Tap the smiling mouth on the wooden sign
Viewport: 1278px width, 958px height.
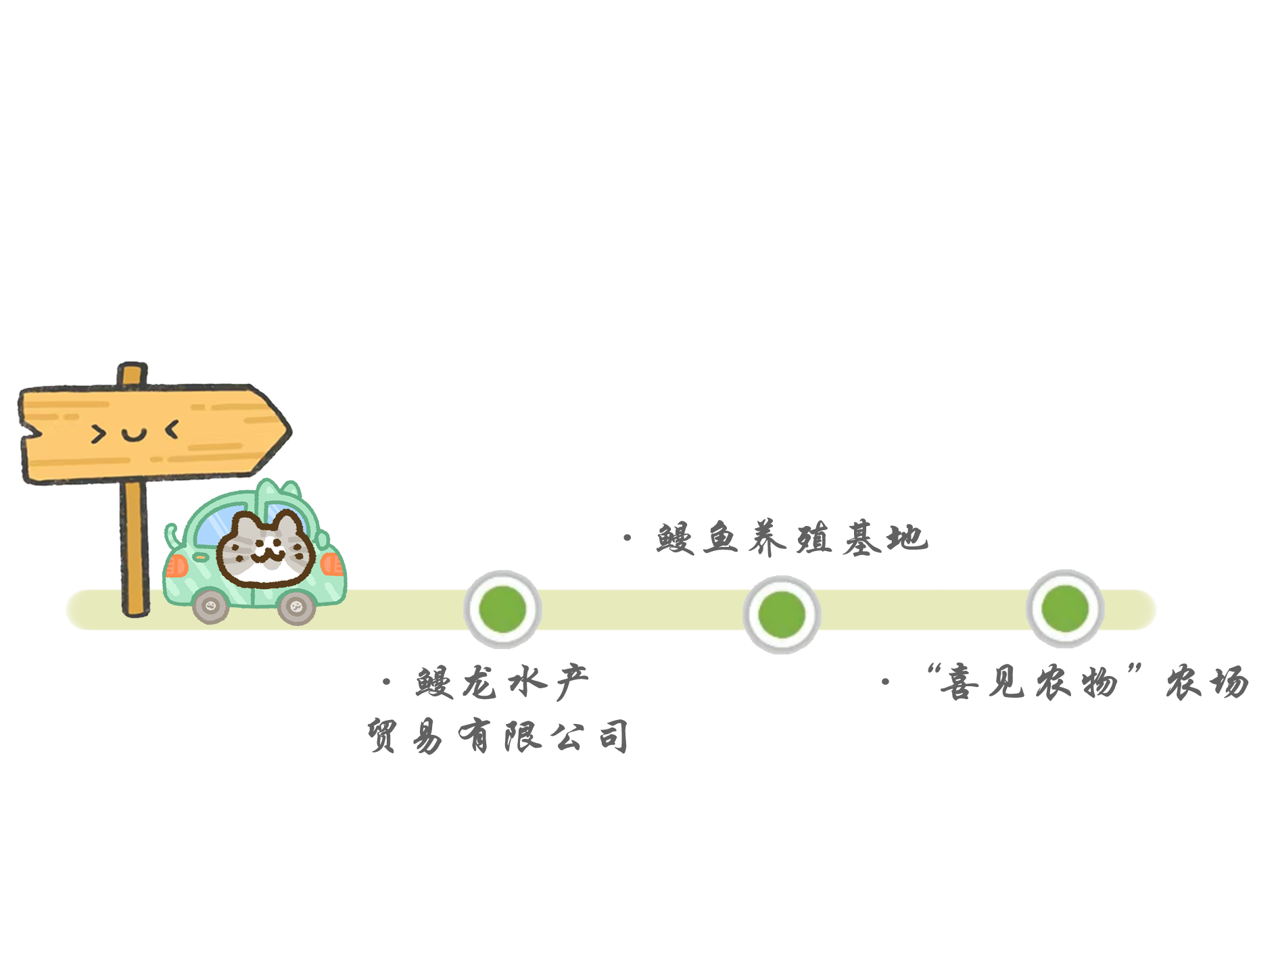pyautogui.click(x=134, y=434)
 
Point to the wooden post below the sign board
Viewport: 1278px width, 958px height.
pyautogui.click(x=134, y=548)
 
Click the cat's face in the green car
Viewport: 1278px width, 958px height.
pyautogui.click(x=264, y=548)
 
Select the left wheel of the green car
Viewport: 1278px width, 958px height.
pyautogui.click(x=211, y=604)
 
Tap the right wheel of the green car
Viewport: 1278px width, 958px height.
pyautogui.click(x=296, y=606)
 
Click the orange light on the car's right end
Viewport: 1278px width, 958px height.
pyautogui.click(x=331, y=564)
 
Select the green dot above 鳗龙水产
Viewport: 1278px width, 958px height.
pyautogui.click(x=502, y=609)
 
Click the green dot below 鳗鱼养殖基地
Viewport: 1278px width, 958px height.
pyautogui.click(x=782, y=615)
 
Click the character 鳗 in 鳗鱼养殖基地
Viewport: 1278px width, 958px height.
pyautogui.click(x=675, y=539)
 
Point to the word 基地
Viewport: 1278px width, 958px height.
pyautogui.click(x=882, y=539)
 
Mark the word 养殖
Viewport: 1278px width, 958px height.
pyautogui.click(x=791, y=539)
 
